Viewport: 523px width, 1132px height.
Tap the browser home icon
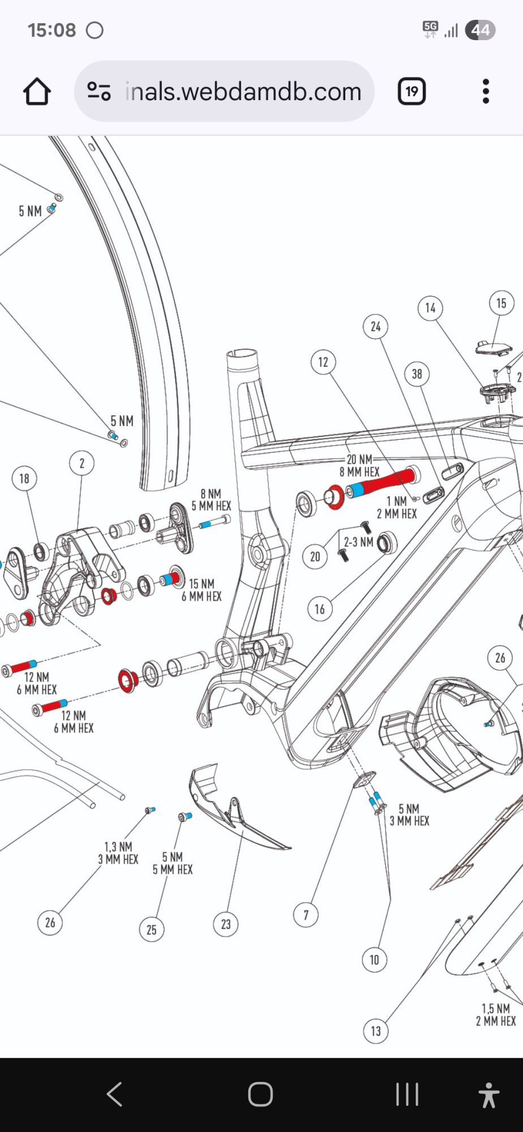pyautogui.click(x=37, y=92)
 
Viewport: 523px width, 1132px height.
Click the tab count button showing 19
pyautogui.click(x=411, y=92)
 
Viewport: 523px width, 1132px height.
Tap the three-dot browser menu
pyautogui.click(x=486, y=92)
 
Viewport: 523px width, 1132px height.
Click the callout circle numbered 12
pyautogui.click(x=323, y=362)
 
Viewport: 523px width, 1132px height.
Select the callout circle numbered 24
pyautogui.click(x=376, y=327)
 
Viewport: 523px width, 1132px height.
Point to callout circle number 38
pyautogui.click(x=417, y=374)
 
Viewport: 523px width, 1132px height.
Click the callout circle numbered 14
pyautogui.click(x=430, y=308)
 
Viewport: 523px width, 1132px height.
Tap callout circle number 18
pyautogui.click(x=24, y=479)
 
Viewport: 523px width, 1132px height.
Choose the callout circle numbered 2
pyautogui.click(x=82, y=464)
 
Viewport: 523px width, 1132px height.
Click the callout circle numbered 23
pyautogui.click(x=226, y=924)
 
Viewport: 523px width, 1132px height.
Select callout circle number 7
pyautogui.click(x=306, y=915)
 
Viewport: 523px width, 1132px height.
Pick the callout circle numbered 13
pyautogui.click(x=376, y=1031)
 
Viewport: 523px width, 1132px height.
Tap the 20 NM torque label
pyautogui.click(x=359, y=460)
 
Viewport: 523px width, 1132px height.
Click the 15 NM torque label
pyautogui.click(x=202, y=584)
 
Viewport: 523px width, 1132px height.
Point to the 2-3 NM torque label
pyautogui.click(x=359, y=542)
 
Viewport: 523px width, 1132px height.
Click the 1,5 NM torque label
pyautogui.click(x=496, y=1008)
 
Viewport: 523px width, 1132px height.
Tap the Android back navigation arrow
pyautogui.click(x=115, y=1094)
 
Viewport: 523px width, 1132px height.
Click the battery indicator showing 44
pyautogui.click(x=480, y=30)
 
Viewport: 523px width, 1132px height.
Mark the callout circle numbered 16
pyautogui.click(x=320, y=609)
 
